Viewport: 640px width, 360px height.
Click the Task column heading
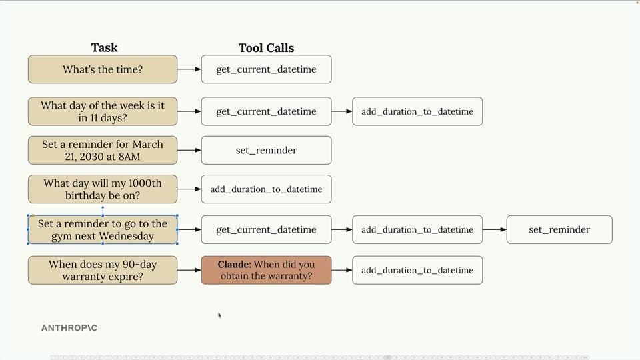click(104, 48)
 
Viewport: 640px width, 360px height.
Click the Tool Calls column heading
click(266, 48)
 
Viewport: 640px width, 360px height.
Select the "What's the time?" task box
click(103, 69)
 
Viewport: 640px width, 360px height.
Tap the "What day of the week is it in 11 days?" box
click(103, 111)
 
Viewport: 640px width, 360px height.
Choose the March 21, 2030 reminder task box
click(103, 150)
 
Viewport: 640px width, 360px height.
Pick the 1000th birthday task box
click(103, 189)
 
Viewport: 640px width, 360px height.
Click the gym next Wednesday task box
click(103, 229)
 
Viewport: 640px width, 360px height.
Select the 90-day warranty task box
click(103, 270)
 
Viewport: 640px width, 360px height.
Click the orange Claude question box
click(266, 270)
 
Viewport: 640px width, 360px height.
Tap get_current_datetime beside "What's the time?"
click(266, 69)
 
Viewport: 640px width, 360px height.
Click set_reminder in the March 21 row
click(266, 150)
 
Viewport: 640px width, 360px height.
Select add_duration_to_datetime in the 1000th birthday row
click(266, 189)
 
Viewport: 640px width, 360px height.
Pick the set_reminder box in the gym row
click(559, 229)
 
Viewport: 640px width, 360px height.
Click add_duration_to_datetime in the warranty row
click(417, 270)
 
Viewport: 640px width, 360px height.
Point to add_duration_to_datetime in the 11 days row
click(417, 111)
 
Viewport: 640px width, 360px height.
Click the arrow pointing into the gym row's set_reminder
click(495, 229)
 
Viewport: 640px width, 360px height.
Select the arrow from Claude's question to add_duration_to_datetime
click(342, 270)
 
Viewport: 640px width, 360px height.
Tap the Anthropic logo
click(69, 328)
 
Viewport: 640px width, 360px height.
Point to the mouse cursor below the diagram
click(219, 315)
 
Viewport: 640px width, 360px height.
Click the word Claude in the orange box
click(234, 265)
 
